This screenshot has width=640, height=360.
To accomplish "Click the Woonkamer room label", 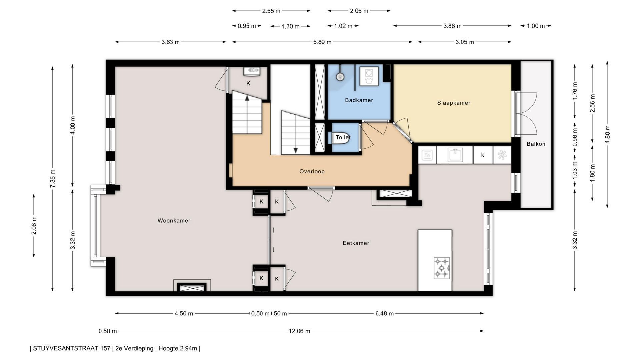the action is (x=174, y=220).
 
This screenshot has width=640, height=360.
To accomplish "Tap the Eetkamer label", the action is (x=356, y=243).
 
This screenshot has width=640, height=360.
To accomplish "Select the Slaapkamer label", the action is (x=454, y=103).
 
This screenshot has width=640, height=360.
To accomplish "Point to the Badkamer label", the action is (x=359, y=100).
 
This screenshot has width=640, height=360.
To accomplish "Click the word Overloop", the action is (x=312, y=171).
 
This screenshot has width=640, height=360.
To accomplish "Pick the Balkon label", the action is (x=536, y=144).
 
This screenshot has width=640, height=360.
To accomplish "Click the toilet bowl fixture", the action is (x=341, y=137).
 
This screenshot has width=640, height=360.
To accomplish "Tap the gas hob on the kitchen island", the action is (x=442, y=268).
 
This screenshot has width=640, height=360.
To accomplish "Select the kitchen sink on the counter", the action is (x=455, y=155).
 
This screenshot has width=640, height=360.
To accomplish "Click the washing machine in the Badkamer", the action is (x=369, y=76).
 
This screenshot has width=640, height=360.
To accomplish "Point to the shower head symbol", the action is (x=340, y=77).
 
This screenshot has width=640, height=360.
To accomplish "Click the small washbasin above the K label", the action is (x=252, y=71).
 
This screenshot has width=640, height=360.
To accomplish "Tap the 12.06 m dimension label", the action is (x=299, y=331).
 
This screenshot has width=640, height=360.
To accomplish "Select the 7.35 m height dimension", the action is (x=53, y=179).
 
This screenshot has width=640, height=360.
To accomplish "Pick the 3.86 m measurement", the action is (x=452, y=26).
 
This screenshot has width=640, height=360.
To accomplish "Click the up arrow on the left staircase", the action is (x=247, y=98).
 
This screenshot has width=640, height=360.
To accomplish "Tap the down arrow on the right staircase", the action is (x=296, y=151).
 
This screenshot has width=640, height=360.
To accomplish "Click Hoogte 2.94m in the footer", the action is (x=178, y=349).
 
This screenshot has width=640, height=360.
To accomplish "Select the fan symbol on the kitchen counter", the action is (x=502, y=155).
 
